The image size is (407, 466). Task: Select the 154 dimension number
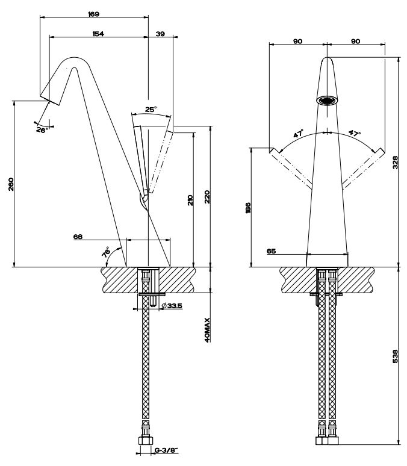98,34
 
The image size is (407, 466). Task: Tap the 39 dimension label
160,34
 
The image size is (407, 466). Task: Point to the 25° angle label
151,110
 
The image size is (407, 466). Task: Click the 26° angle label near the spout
41,129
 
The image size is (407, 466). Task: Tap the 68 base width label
78,237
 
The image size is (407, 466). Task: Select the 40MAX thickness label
207,330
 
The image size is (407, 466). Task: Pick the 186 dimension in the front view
248,208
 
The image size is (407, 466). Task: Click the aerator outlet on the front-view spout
327,100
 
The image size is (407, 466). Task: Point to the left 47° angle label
299,135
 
